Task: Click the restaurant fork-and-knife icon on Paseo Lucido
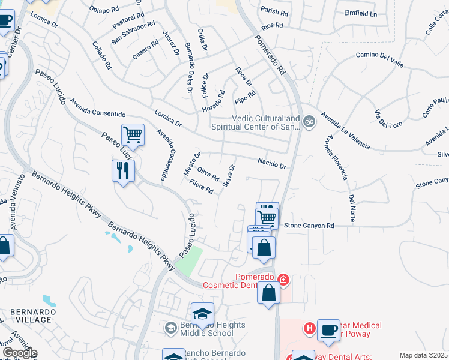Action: pos(123,170)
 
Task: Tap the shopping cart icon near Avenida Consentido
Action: pos(132,135)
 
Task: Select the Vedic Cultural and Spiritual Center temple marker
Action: pos(309,121)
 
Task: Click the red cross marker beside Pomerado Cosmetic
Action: pos(283,279)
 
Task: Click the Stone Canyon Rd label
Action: pos(309,226)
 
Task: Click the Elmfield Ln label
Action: pos(360,13)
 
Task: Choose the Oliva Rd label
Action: pos(208,174)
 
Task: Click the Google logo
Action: pos(19,353)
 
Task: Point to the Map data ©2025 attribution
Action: pos(424,355)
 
